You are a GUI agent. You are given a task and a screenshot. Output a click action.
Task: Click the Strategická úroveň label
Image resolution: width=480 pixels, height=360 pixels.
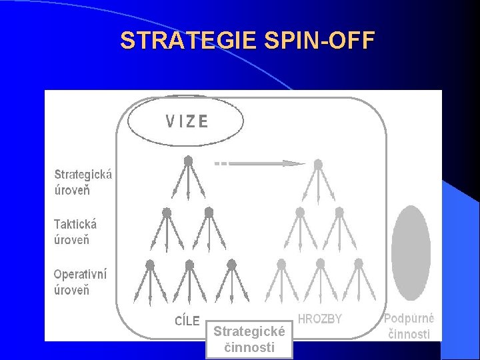click(x=83, y=182)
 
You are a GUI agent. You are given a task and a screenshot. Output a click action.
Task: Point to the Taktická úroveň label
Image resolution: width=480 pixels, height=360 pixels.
click(x=75, y=232)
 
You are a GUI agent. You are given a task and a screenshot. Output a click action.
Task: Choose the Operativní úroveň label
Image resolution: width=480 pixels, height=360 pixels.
click(x=80, y=282)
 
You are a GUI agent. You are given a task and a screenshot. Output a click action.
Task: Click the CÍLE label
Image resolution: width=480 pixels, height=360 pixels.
click(x=187, y=321)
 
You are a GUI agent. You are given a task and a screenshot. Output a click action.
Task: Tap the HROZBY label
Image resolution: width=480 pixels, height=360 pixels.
click(x=319, y=319)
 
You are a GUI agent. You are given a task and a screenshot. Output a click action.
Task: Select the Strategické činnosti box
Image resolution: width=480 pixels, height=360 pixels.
click(x=249, y=339)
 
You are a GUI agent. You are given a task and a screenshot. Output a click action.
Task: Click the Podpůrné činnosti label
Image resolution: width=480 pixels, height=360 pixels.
click(x=409, y=327)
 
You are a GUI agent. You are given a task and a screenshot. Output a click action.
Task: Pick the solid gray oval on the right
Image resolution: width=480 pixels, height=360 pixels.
click(x=411, y=253)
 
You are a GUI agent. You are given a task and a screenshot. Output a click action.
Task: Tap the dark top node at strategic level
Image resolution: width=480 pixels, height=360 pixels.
click(x=188, y=161)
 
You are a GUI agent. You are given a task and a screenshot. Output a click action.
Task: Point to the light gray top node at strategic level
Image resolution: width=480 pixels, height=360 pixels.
click(x=318, y=163)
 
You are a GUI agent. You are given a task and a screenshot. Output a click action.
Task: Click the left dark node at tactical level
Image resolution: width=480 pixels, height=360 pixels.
click(x=167, y=212)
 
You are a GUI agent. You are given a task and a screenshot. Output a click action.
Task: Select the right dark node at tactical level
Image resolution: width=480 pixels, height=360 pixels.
click(x=209, y=212)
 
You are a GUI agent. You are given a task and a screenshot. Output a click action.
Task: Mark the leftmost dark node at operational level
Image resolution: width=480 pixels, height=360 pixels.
click(x=150, y=264)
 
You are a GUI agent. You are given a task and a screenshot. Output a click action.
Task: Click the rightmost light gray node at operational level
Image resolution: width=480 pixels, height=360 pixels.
click(x=359, y=264)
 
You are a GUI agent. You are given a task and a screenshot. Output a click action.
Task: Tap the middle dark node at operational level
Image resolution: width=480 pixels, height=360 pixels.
click(x=189, y=264)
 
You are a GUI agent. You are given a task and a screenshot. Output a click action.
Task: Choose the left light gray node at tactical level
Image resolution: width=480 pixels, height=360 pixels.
click(x=300, y=212)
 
